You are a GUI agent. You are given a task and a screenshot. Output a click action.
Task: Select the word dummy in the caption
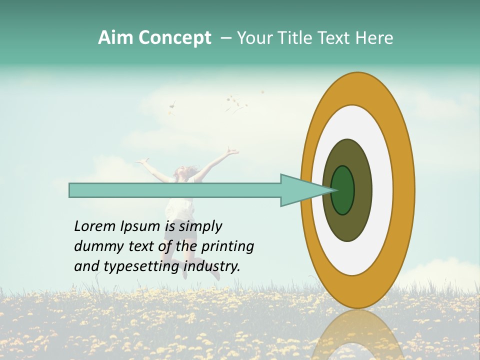95,246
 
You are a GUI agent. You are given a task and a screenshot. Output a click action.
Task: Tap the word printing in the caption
227,246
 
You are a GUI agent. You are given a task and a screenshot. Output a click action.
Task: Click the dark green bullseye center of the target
343,190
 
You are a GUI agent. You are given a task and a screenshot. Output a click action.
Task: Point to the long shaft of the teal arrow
175,190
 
